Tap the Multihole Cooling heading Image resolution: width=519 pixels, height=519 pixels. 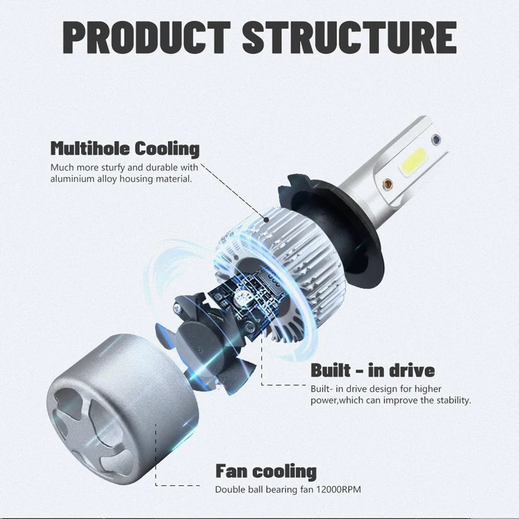(125, 149)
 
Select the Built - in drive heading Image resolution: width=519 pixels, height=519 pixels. (372, 370)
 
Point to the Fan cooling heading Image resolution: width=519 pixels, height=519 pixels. (265, 471)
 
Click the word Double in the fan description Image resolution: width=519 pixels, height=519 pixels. (230, 489)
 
